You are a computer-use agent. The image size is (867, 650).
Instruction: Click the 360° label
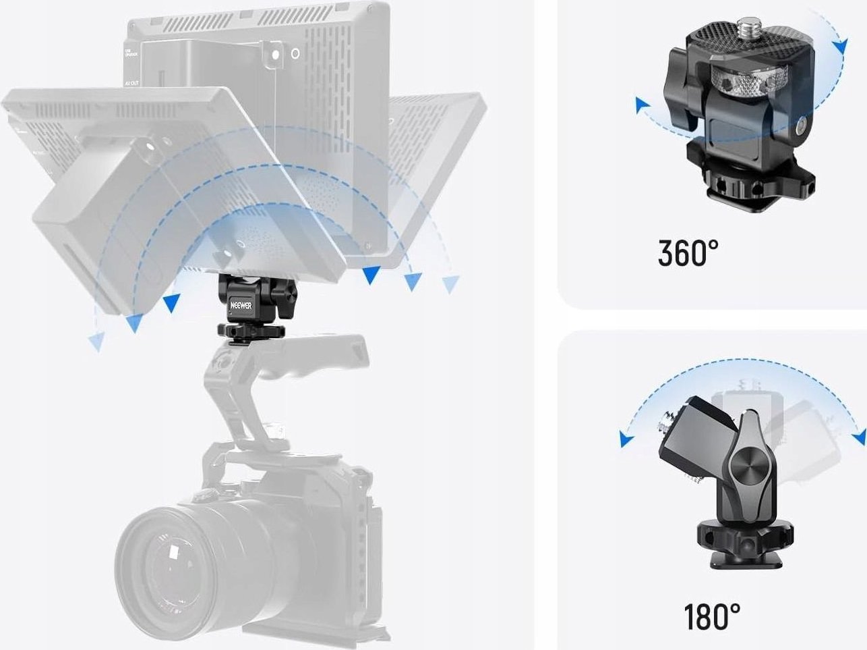point(688,252)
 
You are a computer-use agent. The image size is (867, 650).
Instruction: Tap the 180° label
point(711,616)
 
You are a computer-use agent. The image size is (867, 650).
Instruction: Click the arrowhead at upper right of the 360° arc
point(839,46)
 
